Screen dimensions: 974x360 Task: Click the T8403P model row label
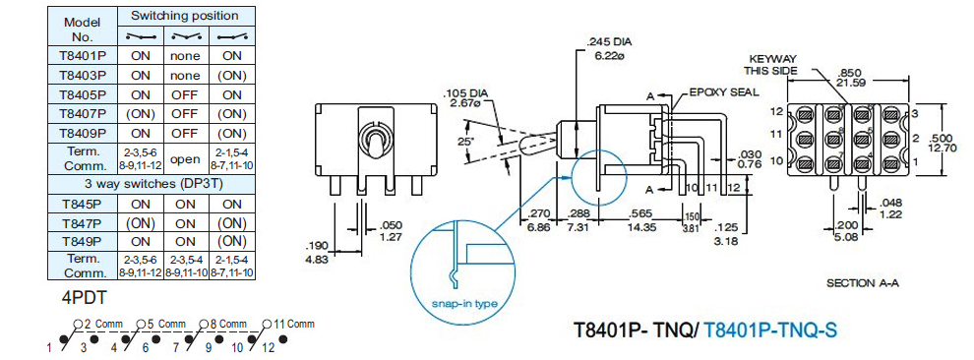[x=83, y=75]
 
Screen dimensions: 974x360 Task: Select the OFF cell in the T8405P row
[x=186, y=94]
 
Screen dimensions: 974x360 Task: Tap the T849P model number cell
[x=83, y=241]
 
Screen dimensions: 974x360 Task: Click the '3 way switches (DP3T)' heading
[x=152, y=184]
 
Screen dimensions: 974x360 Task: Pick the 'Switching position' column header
[x=185, y=16]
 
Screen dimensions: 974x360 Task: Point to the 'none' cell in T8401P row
[x=186, y=56]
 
